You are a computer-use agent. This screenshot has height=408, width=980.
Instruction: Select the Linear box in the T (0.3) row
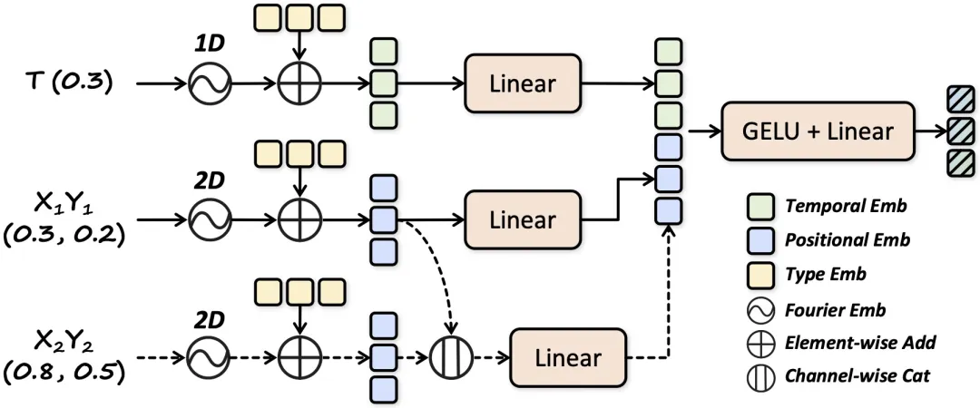tap(522, 84)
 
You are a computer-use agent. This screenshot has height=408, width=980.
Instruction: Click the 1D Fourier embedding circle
tap(210, 85)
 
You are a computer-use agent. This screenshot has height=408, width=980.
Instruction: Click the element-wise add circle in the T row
tap(299, 85)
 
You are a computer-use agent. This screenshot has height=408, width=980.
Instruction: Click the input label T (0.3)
tap(69, 83)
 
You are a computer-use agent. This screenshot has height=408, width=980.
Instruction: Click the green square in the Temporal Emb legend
tap(762, 207)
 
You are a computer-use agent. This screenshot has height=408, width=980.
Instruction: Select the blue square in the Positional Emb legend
tap(762, 240)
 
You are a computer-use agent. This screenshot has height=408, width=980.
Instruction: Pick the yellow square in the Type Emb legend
tap(762, 274)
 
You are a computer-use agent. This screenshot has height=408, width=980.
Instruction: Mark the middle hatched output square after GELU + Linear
tap(958, 131)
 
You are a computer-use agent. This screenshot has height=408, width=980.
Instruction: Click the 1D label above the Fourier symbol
tap(209, 44)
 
